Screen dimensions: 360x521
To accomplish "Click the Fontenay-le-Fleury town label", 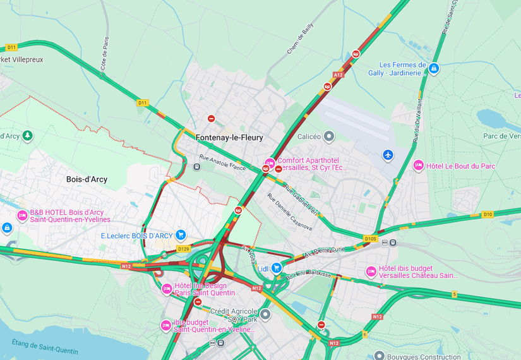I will click(229, 138).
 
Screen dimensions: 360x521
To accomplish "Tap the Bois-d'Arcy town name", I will click(87, 179).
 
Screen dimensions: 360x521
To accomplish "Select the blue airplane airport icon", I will click(388, 155).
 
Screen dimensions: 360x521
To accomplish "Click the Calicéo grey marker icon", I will click(328, 136).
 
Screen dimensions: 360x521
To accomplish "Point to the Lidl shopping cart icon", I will click(277, 268).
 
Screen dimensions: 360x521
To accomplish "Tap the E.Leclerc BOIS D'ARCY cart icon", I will click(181, 235).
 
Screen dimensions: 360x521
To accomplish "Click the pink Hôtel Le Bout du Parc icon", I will click(418, 165).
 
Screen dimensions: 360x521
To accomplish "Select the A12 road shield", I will click(338, 75).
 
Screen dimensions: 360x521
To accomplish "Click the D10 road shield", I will click(487, 215).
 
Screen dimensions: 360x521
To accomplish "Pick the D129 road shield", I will click(183, 249).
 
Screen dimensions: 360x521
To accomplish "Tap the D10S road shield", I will click(371, 239).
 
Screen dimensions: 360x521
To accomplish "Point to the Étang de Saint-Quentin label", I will click(44, 347).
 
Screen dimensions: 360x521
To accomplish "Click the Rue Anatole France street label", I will click(222, 162).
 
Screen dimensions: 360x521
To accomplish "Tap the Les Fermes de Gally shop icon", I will click(433, 68).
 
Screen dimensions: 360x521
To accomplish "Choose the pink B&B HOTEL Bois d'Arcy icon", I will click(22, 215).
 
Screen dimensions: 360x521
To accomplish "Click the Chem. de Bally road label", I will click(300, 39).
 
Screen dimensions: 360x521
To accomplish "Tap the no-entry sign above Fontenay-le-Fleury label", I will click(212, 119).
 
